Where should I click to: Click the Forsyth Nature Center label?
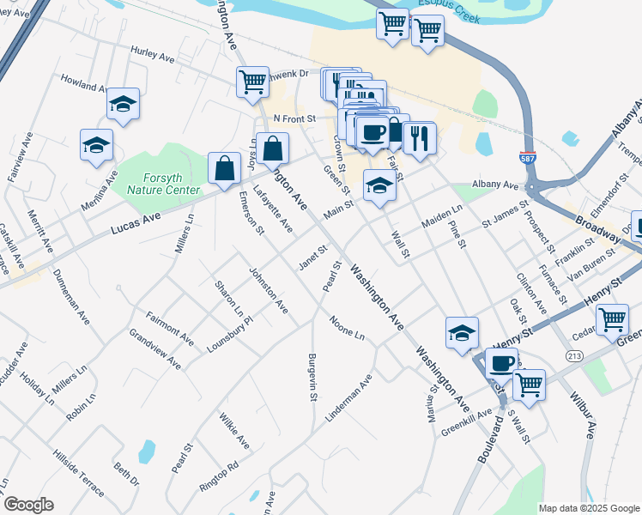click(162, 183)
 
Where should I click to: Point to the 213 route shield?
click(575, 354)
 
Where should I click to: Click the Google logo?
click(28, 505)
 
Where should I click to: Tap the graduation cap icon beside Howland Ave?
click(124, 105)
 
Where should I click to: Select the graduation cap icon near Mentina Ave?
click(96, 145)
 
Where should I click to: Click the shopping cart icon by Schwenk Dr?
click(253, 82)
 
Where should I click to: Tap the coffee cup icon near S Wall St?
click(502, 363)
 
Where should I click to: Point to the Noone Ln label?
click(348, 328)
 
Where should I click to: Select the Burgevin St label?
click(313, 377)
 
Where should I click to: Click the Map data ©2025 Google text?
click(589, 508)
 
